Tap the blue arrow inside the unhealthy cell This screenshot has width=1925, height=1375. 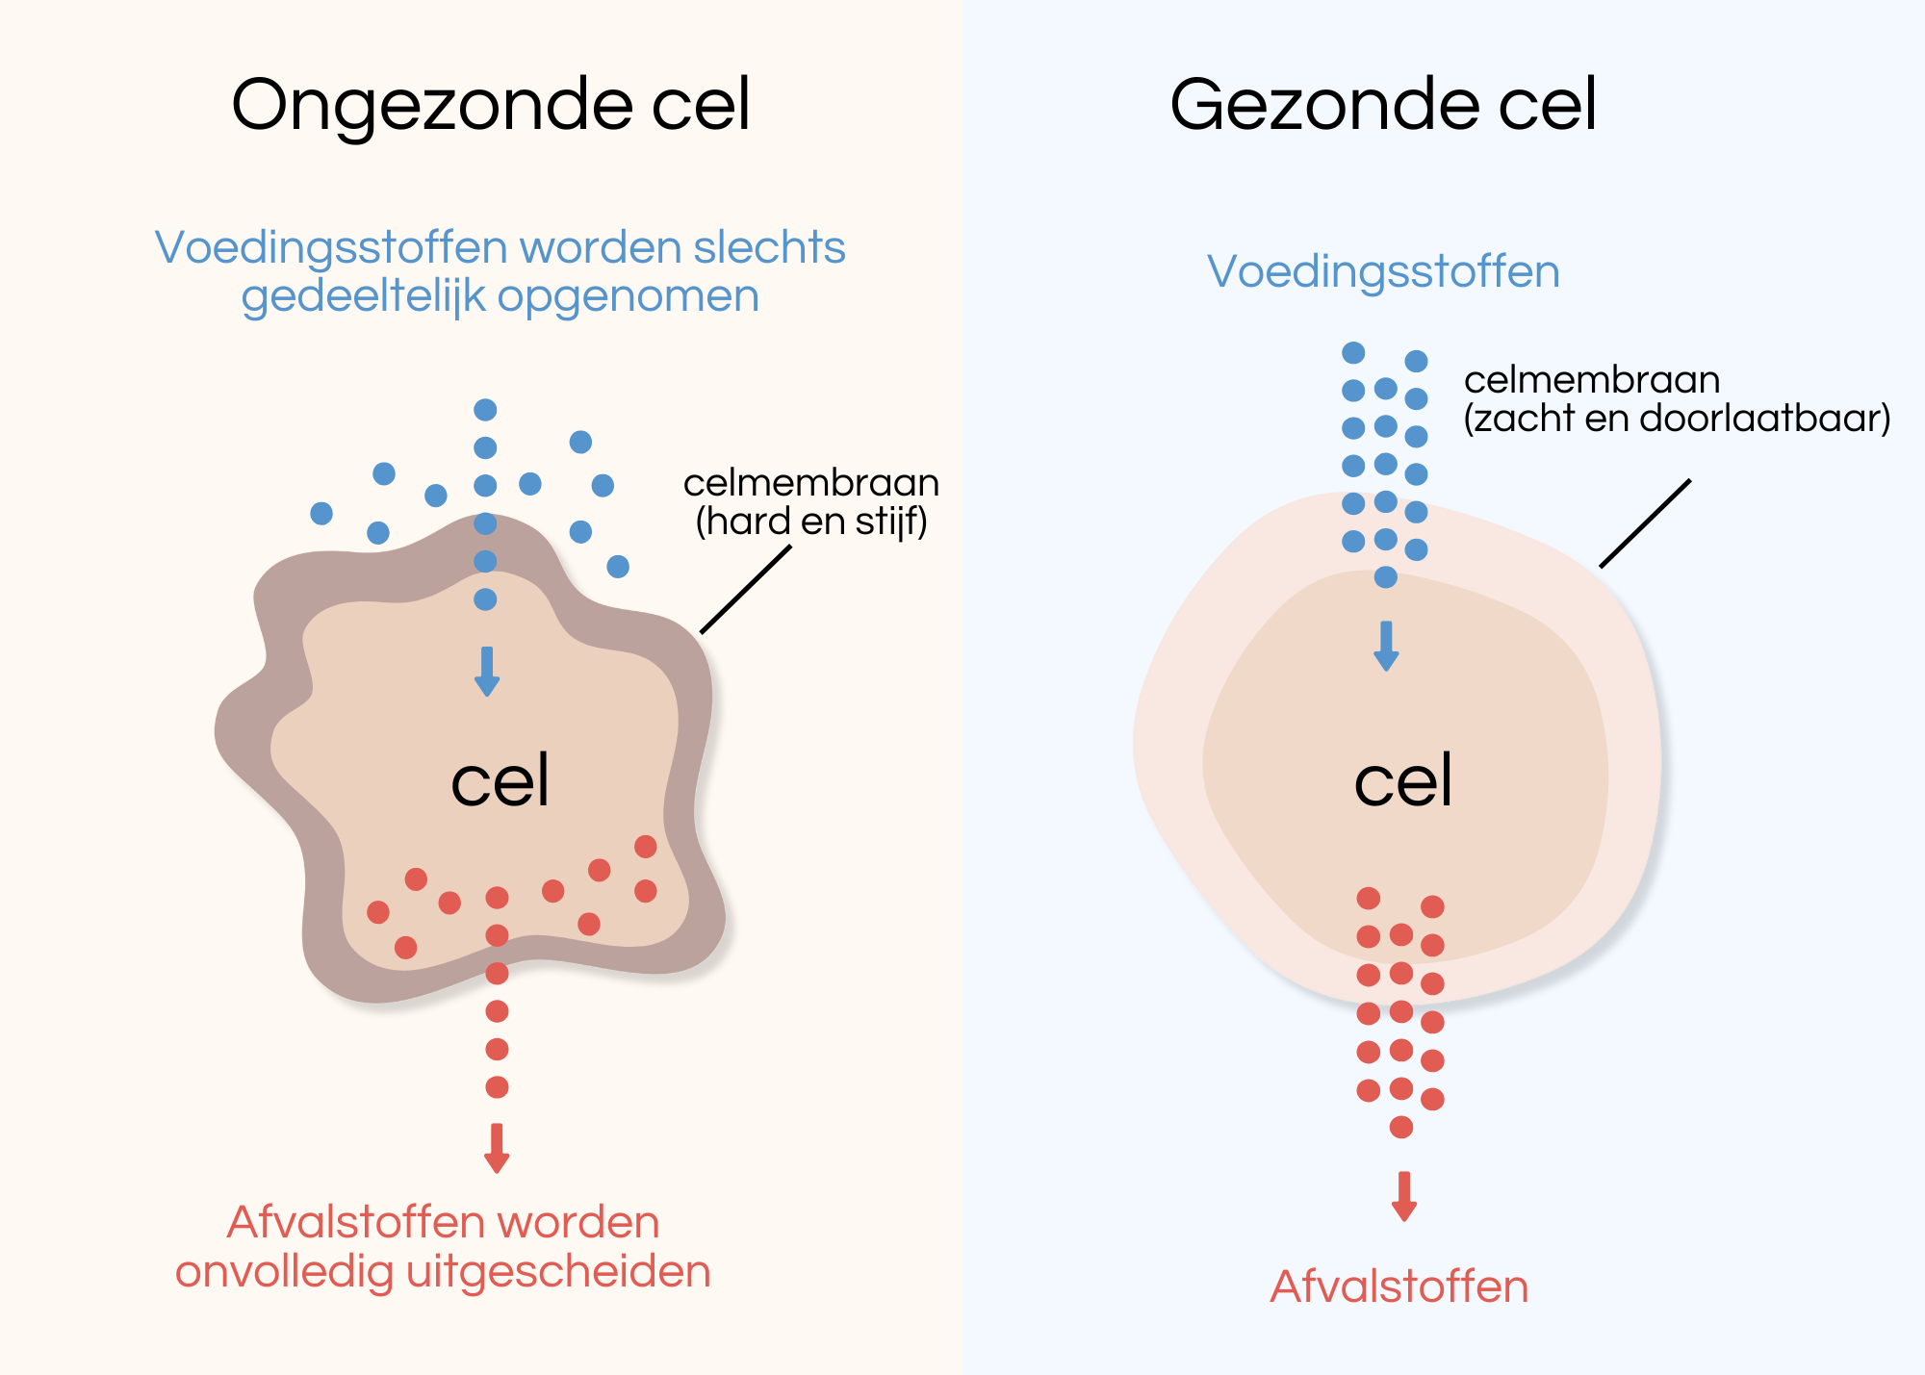(487, 671)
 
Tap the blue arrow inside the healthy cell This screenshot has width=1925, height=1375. (1386, 646)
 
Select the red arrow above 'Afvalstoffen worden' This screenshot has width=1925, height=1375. (497, 1148)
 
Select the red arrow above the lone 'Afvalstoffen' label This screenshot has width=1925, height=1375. (1404, 1196)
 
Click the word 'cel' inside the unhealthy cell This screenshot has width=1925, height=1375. (500, 780)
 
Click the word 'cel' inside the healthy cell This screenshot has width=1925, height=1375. (1402, 780)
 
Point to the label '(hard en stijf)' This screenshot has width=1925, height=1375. (811, 522)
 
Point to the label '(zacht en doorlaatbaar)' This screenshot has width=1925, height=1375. (1677, 419)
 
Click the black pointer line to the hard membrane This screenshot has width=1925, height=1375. (746, 589)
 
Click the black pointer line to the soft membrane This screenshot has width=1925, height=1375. (1645, 523)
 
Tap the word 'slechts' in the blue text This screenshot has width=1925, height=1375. (769, 247)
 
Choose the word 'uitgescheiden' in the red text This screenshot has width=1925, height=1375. (558, 1272)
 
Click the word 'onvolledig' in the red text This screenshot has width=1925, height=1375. (285, 1272)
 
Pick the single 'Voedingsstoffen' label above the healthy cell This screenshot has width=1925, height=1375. (1383, 271)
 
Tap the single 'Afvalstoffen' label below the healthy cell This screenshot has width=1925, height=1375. (1399, 1286)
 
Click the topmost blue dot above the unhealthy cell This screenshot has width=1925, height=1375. (485, 410)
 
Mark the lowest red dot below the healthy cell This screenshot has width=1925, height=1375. (1401, 1127)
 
